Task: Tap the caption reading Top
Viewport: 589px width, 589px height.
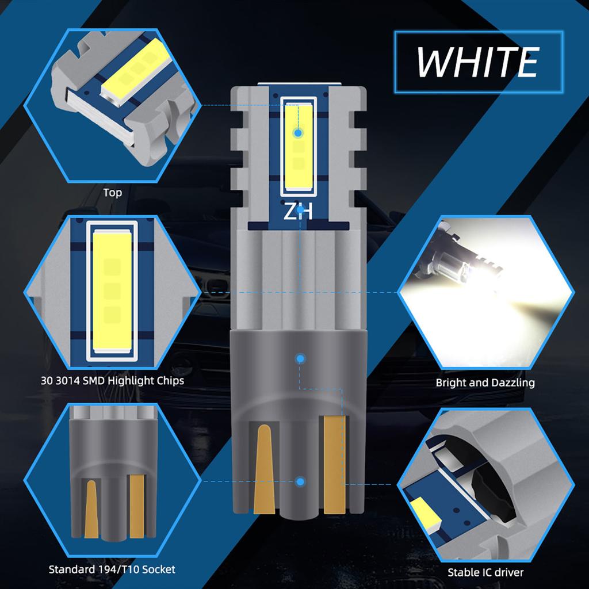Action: click(113, 192)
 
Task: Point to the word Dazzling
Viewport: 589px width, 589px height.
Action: click(513, 383)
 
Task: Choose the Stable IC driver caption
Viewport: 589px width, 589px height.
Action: click(486, 572)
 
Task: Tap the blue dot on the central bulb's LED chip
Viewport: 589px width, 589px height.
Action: click(297, 133)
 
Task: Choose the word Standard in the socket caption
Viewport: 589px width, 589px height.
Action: click(71, 569)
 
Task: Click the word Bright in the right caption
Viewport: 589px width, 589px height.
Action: click(453, 383)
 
